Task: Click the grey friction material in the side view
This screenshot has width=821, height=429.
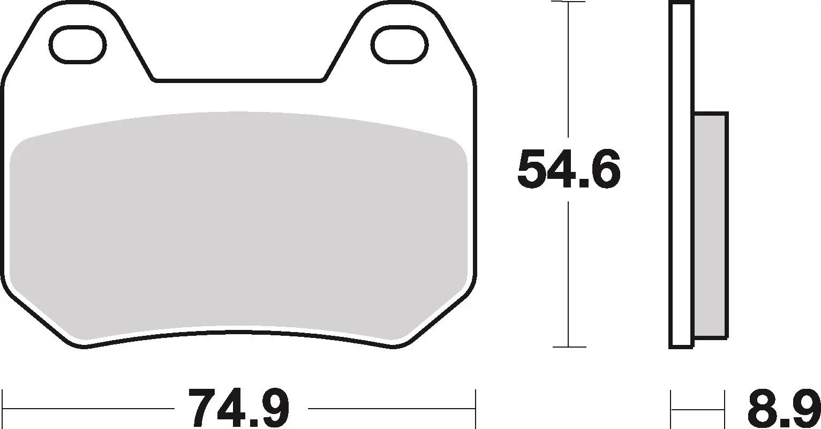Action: (711, 225)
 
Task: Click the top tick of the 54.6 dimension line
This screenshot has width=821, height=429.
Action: (568, 2)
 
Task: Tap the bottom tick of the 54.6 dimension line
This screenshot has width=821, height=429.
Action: (568, 347)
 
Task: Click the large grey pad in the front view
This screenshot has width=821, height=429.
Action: (239, 225)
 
